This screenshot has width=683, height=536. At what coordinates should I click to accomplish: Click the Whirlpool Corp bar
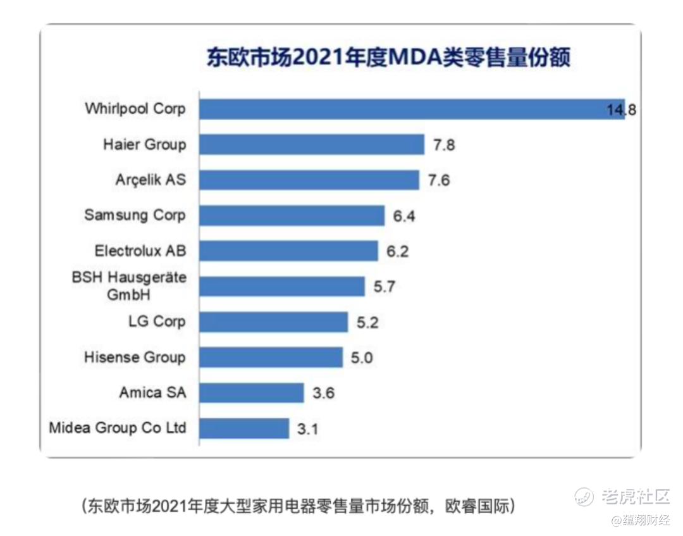(411, 109)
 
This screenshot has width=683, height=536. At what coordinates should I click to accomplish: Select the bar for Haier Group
(312, 144)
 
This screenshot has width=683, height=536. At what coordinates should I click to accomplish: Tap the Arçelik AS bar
(309, 180)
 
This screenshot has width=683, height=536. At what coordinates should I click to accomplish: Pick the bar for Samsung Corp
(292, 215)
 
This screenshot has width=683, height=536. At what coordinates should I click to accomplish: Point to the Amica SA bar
(252, 393)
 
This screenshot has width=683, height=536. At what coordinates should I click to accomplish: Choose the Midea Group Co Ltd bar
(244, 428)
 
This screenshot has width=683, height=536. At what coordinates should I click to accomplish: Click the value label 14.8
(621, 109)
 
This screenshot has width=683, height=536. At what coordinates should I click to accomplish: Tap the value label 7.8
(444, 145)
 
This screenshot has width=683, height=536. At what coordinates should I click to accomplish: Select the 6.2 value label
(398, 251)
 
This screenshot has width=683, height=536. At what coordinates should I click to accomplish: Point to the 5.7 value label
(384, 287)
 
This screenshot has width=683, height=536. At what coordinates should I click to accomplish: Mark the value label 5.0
(362, 358)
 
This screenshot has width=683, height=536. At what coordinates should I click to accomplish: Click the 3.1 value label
(307, 429)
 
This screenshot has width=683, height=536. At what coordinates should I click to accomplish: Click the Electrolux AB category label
(140, 251)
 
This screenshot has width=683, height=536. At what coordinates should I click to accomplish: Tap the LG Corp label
(157, 321)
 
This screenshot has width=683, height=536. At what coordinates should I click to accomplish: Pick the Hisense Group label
(135, 357)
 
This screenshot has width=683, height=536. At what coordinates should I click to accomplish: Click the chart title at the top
(388, 58)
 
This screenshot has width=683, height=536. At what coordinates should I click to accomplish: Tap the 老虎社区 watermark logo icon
(584, 496)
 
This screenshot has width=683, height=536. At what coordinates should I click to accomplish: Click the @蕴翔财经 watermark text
(639, 520)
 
